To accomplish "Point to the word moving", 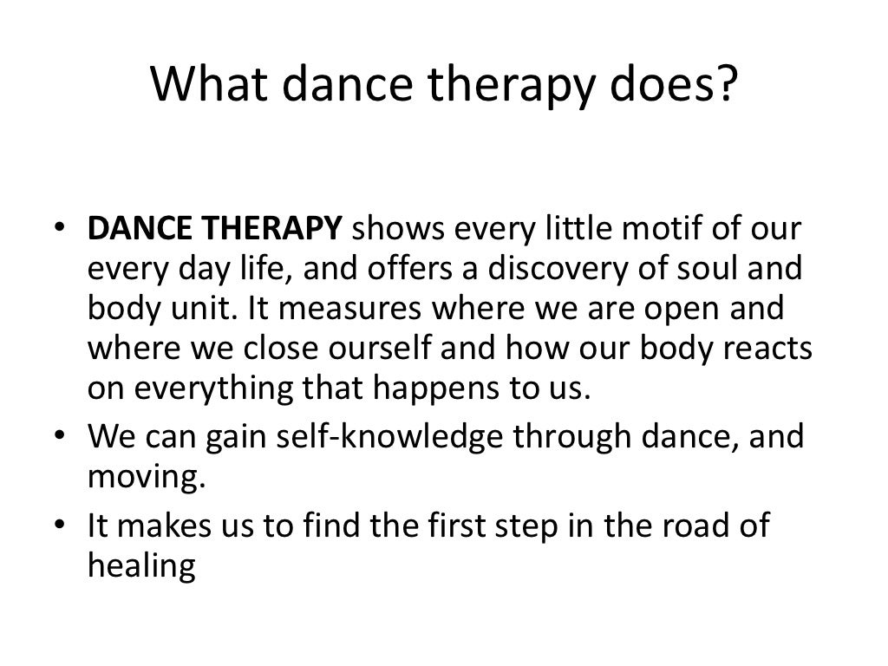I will click(x=147, y=475).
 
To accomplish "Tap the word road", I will click(x=690, y=525).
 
